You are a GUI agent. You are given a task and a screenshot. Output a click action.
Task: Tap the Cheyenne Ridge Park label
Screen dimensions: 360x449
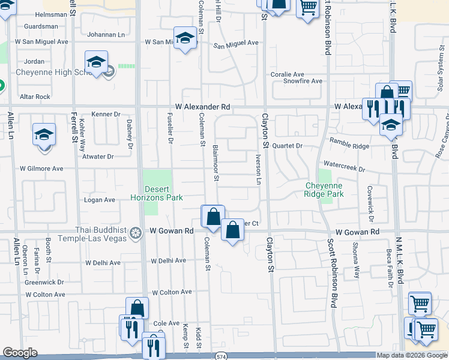[x=324, y=190]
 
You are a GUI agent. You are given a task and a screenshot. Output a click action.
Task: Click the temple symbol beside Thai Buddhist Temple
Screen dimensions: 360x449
[x=136, y=232]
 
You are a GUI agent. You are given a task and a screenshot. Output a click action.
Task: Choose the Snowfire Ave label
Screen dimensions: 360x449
[x=303, y=81]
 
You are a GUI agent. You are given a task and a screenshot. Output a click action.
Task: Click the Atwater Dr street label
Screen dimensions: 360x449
[x=99, y=157]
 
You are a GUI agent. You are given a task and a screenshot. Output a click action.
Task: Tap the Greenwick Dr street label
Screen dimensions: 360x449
[x=44, y=282]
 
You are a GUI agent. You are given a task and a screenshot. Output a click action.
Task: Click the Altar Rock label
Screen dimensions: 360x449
[x=35, y=97]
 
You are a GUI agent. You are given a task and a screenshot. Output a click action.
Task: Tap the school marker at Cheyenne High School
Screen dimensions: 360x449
[x=96, y=62]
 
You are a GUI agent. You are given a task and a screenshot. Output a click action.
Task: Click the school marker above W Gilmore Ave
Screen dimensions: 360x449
[x=44, y=135]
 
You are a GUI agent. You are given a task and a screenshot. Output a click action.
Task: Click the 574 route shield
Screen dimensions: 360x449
[x=221, y=356]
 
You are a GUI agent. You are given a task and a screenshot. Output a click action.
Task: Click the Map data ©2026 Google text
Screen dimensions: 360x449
[x=412, y=355]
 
